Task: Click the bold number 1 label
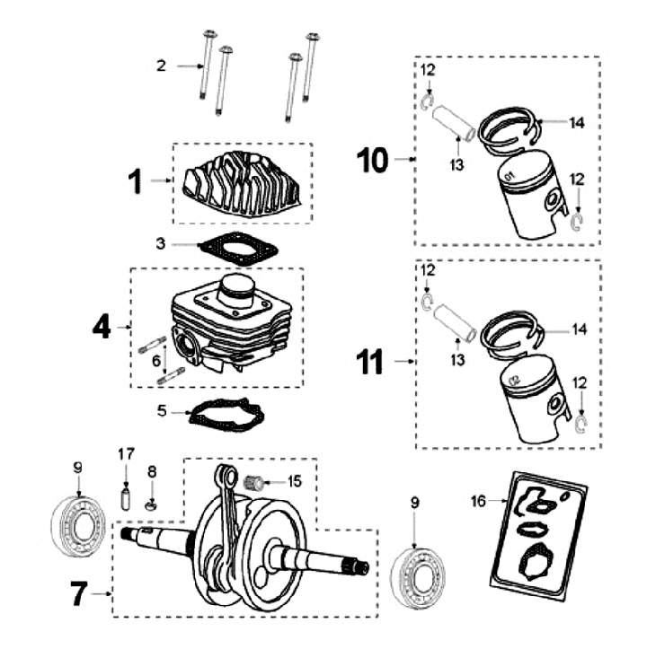[135, 182]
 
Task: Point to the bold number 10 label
[372, 161]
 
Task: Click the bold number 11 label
[369, 363]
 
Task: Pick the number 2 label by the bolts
[161, 66]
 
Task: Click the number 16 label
[479, 501]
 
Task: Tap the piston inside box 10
[530, 202]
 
